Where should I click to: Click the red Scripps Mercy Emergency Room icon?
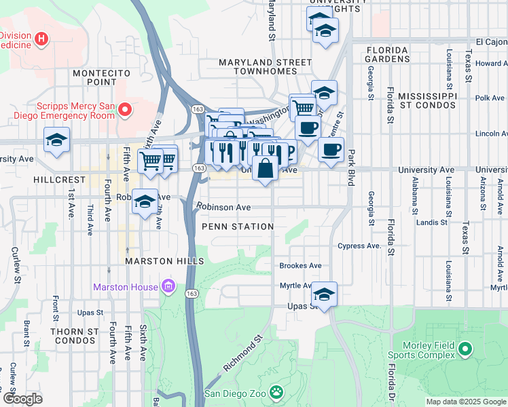pyautogui.click(x=125, y=109)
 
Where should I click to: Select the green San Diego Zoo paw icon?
pyautogui.click(x=276, y=392)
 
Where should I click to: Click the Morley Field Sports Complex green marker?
pyautogui.click(x=465, y=350)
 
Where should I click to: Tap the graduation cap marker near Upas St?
pyautogui.click(x=325, y=295)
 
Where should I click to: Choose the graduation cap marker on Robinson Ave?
pyautogui.click(x=145, y=202)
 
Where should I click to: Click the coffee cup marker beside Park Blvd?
pyautogui.click(x=331, y=150)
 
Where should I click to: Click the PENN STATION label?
pyautogui.click(x=237, y=227)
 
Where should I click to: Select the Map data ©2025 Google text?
pyautogui.click(x=466, y=402)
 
